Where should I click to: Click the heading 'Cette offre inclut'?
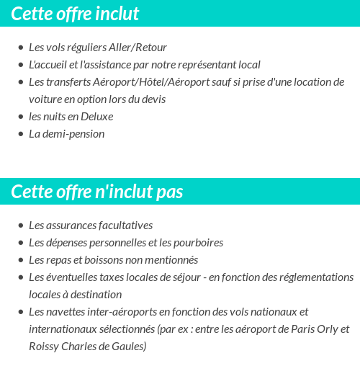click(75, 14)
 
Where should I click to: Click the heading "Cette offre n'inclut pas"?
click(97, 192)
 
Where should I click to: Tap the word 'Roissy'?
click(44, 346)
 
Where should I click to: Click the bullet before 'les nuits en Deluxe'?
click(20, 117)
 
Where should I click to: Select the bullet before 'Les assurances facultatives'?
click(20, 226)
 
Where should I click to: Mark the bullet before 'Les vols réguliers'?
click(20, 48)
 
